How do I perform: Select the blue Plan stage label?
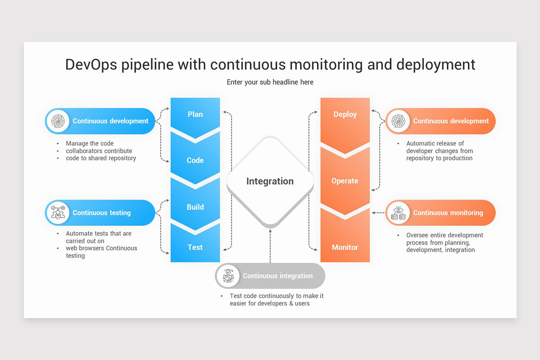click(195, 114)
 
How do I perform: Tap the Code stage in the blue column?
click(195, 160)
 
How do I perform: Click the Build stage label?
click(195, 207)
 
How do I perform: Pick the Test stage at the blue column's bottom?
click(195, 247)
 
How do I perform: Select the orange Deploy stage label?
click(345, 114)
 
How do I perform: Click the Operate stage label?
click(345, 181)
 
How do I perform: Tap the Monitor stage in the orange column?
click(345, 247)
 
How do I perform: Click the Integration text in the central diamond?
click(270, 181)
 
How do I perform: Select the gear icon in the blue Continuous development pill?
click(58, 121)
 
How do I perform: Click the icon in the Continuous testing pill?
click(58, 213)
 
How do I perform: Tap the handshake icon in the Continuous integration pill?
click(228, 276)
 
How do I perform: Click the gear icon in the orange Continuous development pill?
click(398, 121)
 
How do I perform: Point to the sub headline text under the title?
click(270, 82)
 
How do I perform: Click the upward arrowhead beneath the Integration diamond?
click(270, 231)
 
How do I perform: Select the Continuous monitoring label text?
click(448, 213)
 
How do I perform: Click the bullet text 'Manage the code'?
click(90, 144)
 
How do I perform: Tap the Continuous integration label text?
click(278, 276)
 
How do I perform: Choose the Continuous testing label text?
click(102, 213)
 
